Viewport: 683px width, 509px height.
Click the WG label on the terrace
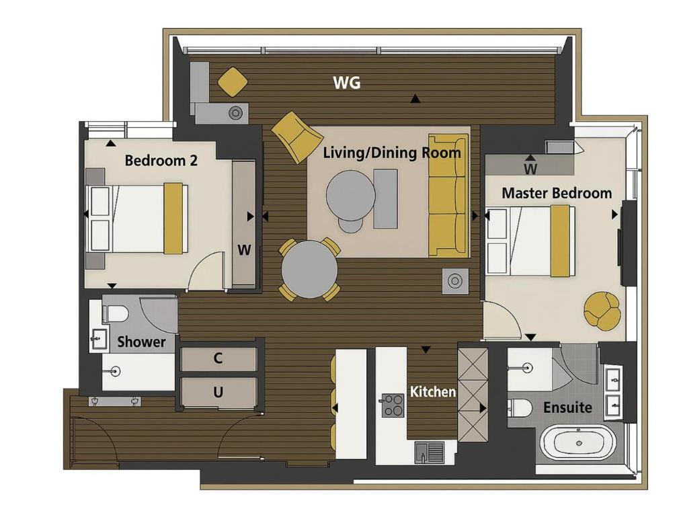(x=347, y=83)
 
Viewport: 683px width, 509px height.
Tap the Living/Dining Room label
(x=392, y=153)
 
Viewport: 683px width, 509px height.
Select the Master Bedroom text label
(x=557, y=193)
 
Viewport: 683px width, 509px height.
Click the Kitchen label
(x=433, y=391)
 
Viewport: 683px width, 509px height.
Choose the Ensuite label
(x=567, y=407)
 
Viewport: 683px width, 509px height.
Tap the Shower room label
(x=141, y=342)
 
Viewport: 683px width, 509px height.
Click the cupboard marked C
(x=218, y=358)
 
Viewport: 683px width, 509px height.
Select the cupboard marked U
(x=218, y=392)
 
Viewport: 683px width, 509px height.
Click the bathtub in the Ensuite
(x=578, y=444)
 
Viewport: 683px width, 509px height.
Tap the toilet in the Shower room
(x=116, y=313)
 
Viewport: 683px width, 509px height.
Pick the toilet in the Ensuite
(x=520, y=407)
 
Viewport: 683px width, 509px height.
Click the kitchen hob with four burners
(x=393, y=405)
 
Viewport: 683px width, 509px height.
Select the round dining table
(x=309, y=270)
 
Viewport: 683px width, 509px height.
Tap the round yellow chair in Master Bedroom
(x=602, y=310)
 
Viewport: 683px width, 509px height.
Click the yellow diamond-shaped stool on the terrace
(x=233, y=82)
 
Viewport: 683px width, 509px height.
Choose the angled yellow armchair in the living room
(x=296, y=136)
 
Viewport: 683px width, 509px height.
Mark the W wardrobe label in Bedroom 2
(x=244, y=250)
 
